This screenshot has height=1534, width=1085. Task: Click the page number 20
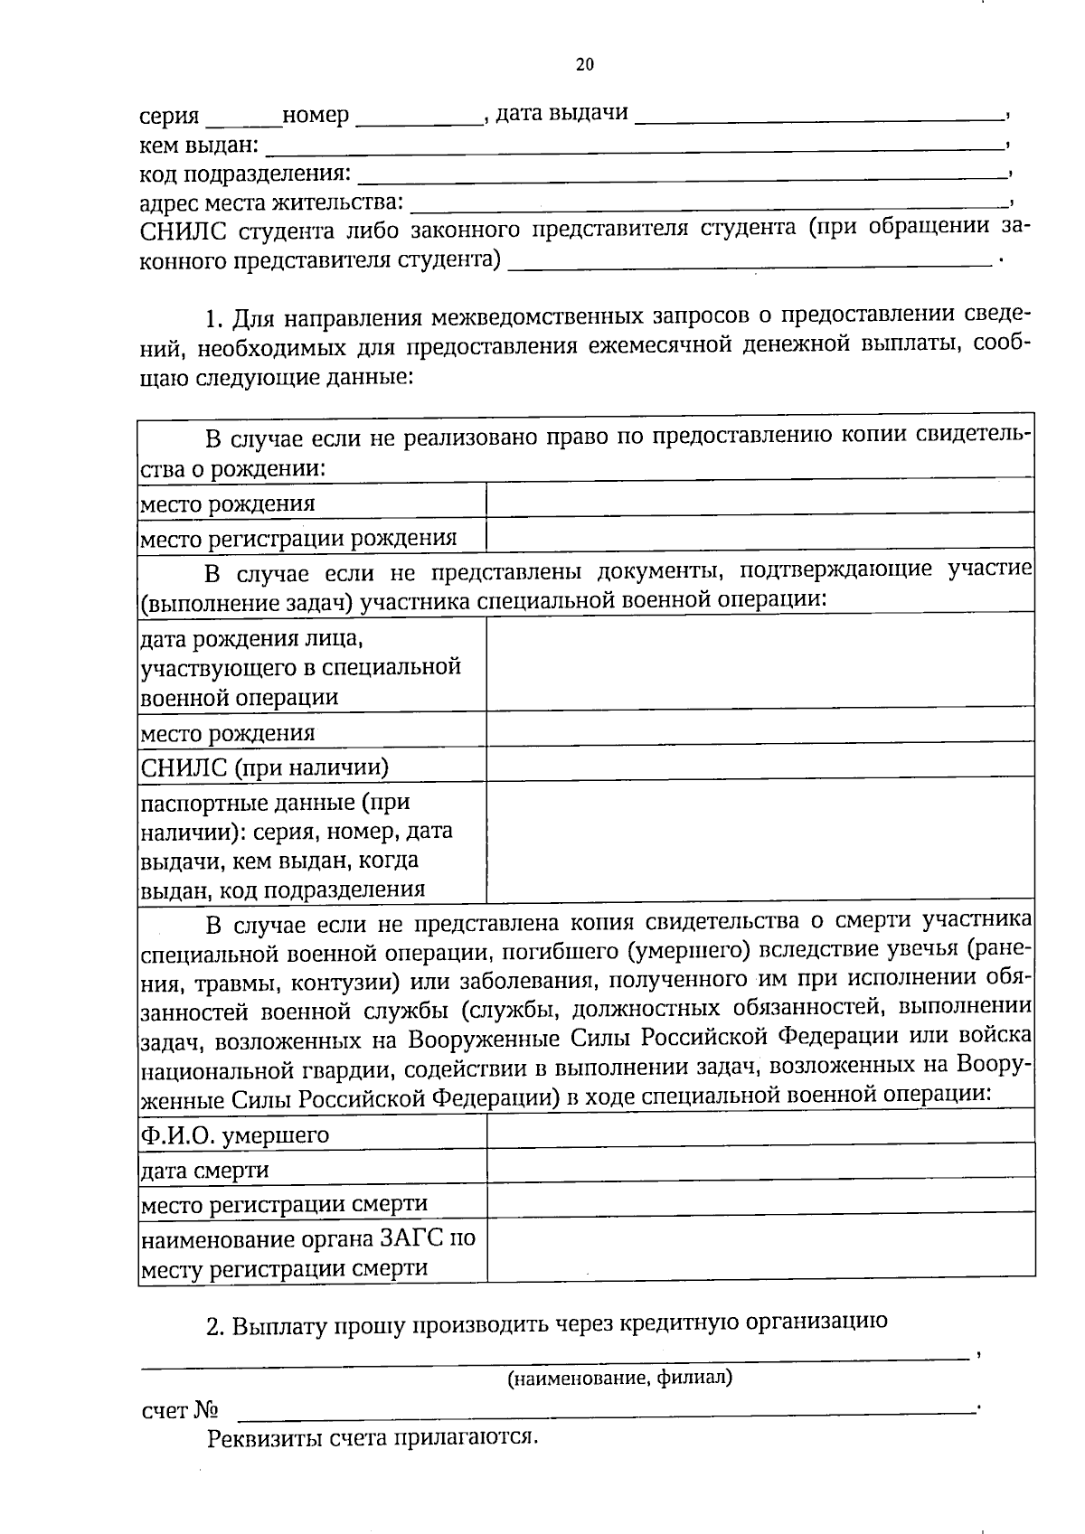click(x=584, y=64)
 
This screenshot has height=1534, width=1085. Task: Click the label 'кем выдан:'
click(x=199, y=146)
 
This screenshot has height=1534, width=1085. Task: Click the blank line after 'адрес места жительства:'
click(x=709, y=203)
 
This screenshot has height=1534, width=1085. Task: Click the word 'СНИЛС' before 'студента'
click(x=184, y=231)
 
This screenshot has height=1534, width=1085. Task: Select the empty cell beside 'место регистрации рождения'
click(x=759, y=534)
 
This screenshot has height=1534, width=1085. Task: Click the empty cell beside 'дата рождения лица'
click(x=759, y=661)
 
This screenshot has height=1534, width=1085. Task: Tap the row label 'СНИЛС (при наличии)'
click(x=265, y=768)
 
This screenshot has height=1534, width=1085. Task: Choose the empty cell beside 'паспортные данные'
click(x=759, y=840)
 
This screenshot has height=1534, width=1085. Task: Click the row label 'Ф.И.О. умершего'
click(x=235, y=1135)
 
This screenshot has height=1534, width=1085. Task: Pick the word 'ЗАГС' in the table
click(x=411, y=1238)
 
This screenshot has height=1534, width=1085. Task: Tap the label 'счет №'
click(x=181, y=1411)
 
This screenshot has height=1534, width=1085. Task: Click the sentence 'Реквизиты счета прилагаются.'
click(x=373, y=1438)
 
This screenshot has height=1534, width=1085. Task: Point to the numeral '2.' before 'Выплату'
click(x=215, y=1327)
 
